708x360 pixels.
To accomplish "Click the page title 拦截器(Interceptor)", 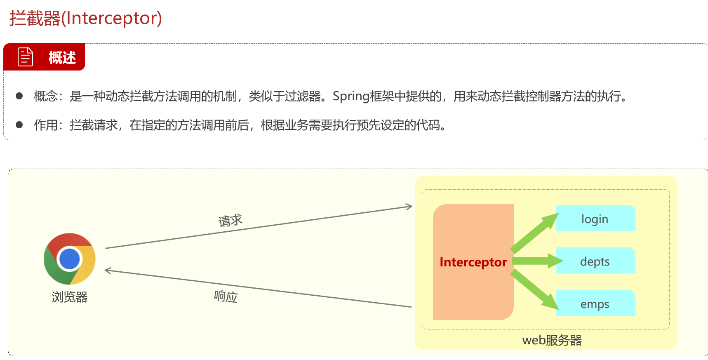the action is pos(86,19).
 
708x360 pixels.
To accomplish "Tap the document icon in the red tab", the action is pos(25,57).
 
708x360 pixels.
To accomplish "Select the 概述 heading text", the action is pos(62,58).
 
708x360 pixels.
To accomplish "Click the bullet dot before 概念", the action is pos(19,96).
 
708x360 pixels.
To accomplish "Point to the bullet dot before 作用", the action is pos(19,125).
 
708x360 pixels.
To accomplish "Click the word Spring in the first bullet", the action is pos(351,96).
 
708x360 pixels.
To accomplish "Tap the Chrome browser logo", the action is pos(70,259).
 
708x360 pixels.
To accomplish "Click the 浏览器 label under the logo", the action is pos(70,297).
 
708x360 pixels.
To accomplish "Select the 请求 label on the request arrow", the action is pos(230,221).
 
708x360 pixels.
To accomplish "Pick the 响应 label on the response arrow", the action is pos(226,296).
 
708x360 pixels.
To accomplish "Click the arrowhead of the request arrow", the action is pos(409,207).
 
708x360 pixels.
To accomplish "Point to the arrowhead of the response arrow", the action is pos(108,271).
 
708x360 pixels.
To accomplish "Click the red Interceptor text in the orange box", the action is pos(473,262).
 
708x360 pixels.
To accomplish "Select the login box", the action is pos(595,219).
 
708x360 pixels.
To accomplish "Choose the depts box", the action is pos(595,261).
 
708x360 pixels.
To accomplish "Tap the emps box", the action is pos(595,304).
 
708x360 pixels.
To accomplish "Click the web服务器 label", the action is pos(552,340).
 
